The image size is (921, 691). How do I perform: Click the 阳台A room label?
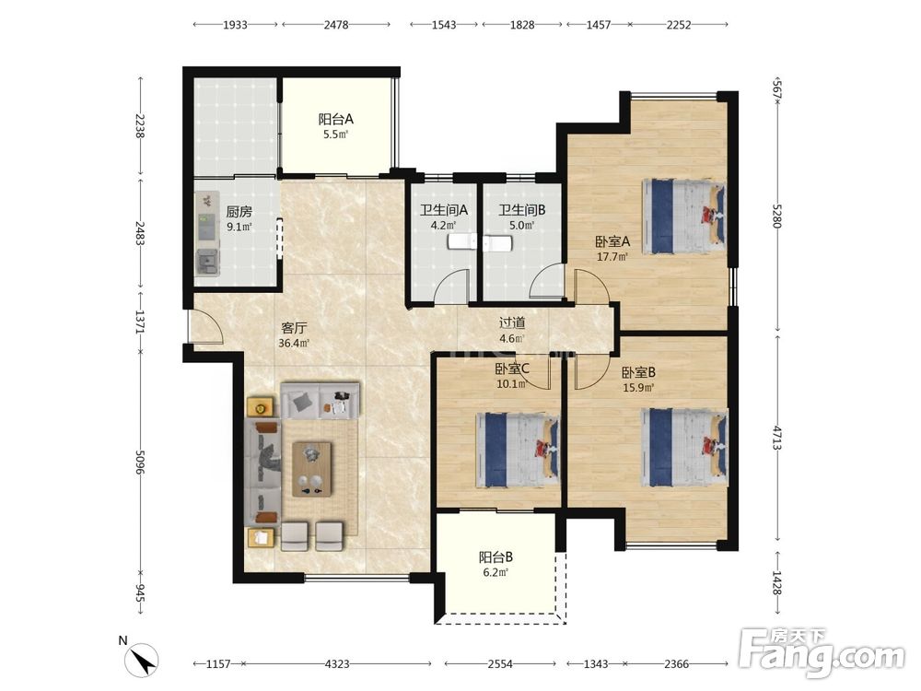click(x=336, y=119)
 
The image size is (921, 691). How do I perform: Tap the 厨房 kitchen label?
click(x=239, y=212)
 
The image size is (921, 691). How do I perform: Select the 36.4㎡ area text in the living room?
click(x=294, y=343)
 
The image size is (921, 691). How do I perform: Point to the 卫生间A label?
click(x=444, y=210)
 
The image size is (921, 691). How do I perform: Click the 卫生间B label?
click(x=522, y=210)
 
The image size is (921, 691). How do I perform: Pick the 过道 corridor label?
click(x=512, y=322)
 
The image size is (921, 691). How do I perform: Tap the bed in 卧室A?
click(x=683, y=216)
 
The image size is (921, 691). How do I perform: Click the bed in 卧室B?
click(x=685, y=448)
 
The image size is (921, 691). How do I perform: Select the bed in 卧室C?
click(x=518, y=451)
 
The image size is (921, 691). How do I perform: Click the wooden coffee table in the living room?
click(x=312, y=469)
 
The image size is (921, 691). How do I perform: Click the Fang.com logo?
click(x=822, y=652)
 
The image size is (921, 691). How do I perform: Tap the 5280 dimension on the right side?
click(x=777, y=217)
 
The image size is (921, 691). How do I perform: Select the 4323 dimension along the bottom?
click(x=337, y=664)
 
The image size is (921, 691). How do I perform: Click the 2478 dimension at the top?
click(x=336, y=25)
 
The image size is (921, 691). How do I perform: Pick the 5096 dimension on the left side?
click(x=140, y=463)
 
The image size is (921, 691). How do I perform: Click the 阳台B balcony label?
click(x=496, y=556)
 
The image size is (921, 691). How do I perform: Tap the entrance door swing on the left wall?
click(x=205, y=326)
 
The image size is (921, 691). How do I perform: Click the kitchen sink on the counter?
click(x=207, y=263)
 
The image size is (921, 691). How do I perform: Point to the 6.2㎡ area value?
click(x=496, y=572)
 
